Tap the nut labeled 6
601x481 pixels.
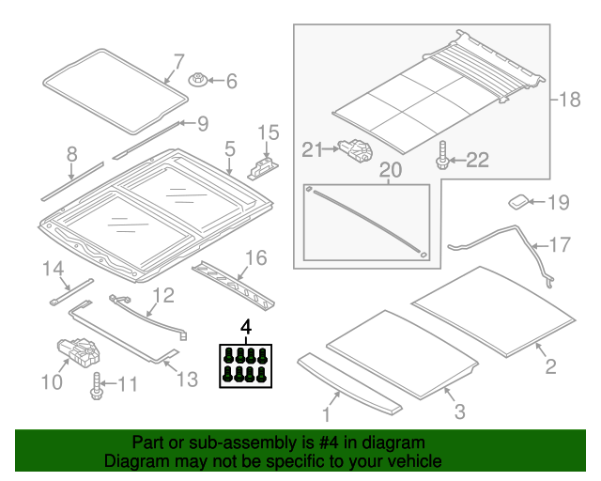(199, 82)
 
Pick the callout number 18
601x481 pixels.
(570, 99)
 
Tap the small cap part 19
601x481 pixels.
(519, 200)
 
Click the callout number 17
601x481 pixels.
(559, 246)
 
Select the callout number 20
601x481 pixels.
(390, 170)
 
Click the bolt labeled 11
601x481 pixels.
(97, 385)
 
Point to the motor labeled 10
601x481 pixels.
(78, 355)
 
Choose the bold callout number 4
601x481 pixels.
(246, 327)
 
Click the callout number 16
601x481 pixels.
(255, 257)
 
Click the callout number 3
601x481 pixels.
(459, 411)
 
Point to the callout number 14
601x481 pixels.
(53, 271)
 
